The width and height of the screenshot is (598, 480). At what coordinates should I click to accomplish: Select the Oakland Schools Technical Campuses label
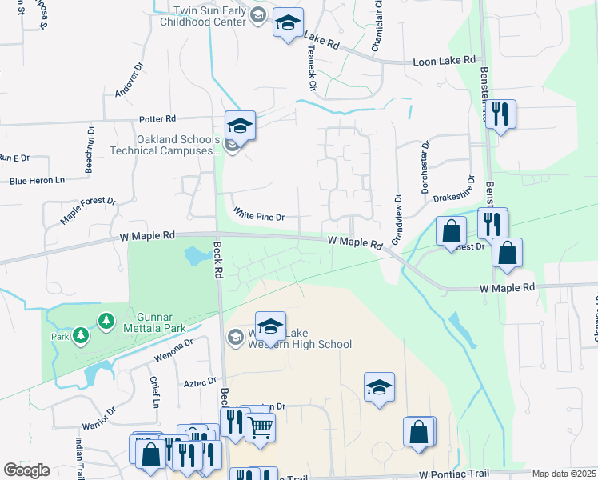[177, 145]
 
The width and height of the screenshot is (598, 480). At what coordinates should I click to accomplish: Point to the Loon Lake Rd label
[444, 61]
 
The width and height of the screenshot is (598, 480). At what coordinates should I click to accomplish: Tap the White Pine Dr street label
[259, 214]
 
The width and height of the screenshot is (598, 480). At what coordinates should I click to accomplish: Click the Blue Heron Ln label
[37, 181]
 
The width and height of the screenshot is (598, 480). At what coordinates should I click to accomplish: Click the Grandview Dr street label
[396, 219]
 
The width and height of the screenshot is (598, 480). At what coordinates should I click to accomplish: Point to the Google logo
[26, 470]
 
